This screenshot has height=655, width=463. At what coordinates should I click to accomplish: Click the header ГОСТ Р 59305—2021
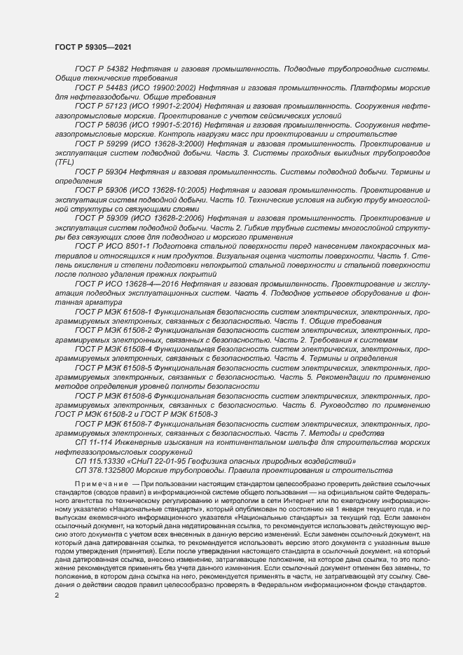[x=92, y=46]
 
